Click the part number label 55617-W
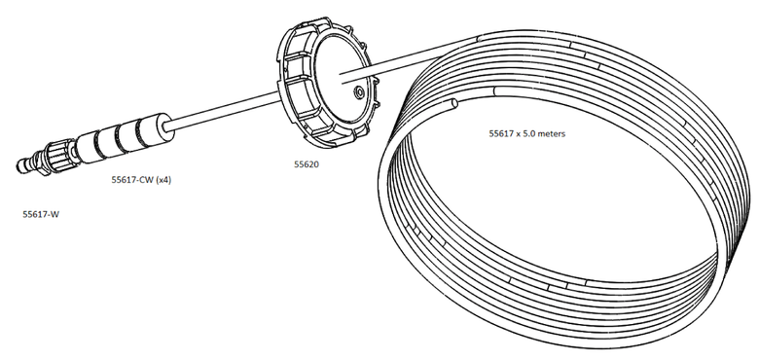tap(41, 214)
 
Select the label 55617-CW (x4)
tap(141, 180)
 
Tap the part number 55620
tap(307, 164)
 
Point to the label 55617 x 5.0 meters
tap(526, 133)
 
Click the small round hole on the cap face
tap(359, 91)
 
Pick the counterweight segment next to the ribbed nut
tap(89, 148)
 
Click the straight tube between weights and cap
tap(224, 109)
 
